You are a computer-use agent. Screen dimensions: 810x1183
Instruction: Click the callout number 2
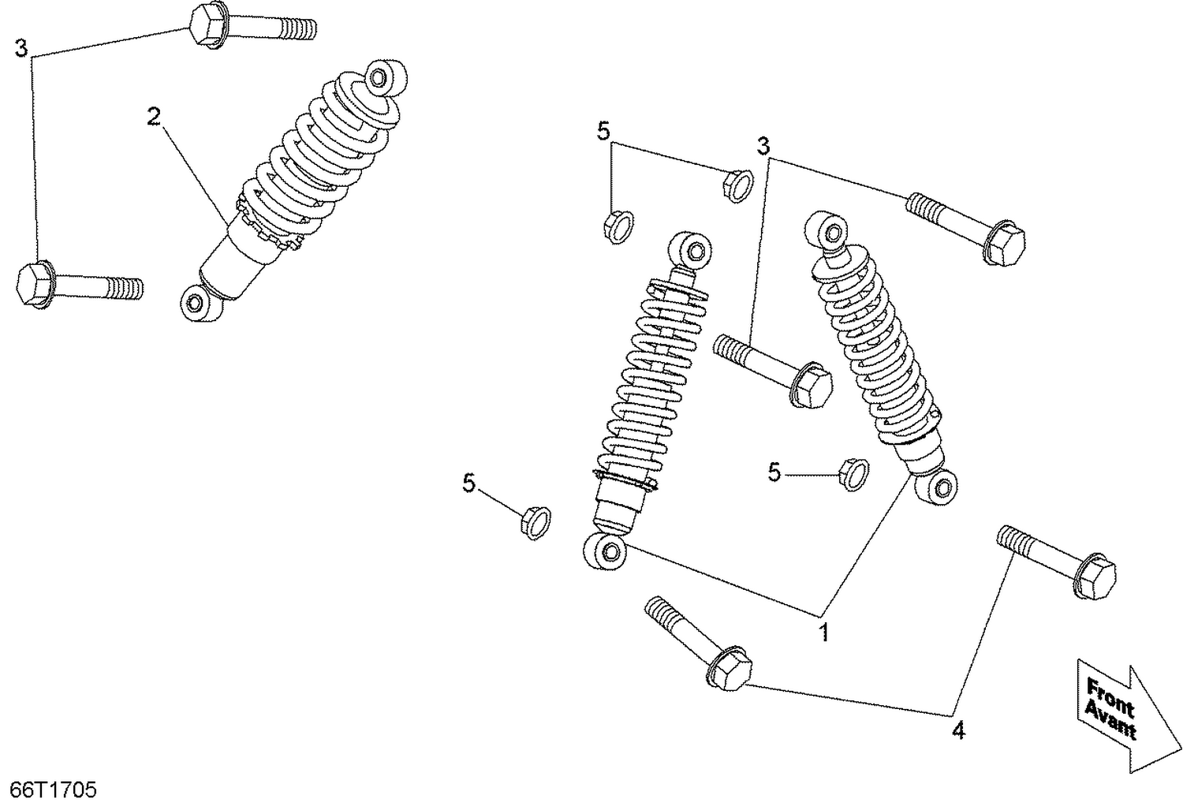(154, 118)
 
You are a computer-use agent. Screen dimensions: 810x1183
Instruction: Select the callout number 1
(824, 632)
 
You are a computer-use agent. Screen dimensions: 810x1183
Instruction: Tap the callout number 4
(957, 731)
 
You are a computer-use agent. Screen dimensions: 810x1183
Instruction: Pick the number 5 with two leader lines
(603, 131)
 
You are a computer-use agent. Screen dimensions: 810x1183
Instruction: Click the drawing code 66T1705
(53, 789)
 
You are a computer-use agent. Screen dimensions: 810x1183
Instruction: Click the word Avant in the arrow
(1110, 720)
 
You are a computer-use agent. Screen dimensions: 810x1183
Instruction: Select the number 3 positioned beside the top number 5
(763, 146)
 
